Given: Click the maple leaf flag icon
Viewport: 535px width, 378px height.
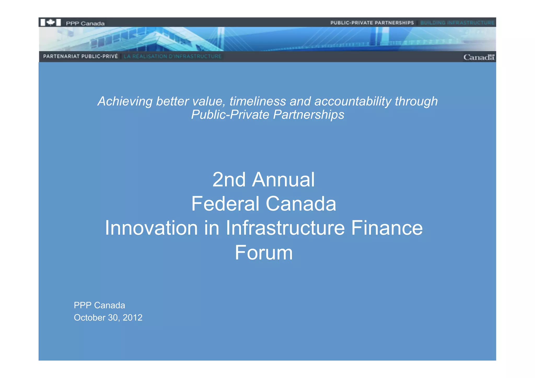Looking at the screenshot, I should coord(51,22).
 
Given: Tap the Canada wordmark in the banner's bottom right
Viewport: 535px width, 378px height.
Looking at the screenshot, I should coord(479,57).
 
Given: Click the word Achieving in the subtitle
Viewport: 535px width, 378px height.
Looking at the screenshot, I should coord(125,101).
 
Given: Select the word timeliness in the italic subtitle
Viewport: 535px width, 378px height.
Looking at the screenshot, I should coord(258,101).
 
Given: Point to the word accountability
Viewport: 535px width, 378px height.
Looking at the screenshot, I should coord(353,101).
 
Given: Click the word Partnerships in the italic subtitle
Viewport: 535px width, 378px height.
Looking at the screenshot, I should coord(309,115).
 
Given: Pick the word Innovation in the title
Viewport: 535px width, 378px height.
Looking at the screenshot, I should coord(151,228).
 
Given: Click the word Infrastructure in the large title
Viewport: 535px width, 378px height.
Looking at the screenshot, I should coord(285,228).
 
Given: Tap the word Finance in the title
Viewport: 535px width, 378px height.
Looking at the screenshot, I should coord(387,228).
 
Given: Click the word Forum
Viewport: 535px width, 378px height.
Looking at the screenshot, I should coord(264,253).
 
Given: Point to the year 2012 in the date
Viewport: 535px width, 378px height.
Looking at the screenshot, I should coord(132,318).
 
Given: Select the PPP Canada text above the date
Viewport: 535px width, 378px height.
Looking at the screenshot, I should coord(99,305).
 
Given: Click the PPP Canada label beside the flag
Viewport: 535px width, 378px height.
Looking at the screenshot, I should coord(85,24).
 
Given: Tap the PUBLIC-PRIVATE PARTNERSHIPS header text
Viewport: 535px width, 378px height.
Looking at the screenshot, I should coord(372,23).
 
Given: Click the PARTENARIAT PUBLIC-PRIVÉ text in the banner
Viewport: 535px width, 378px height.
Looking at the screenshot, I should coord(80,56).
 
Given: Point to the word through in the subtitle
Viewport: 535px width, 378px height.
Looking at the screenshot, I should coord(416,101).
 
